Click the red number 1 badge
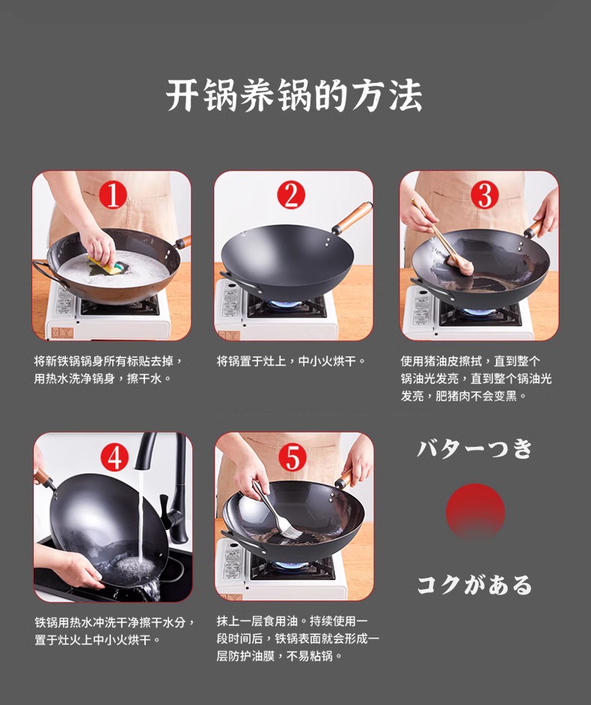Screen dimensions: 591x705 [x=112, y=195]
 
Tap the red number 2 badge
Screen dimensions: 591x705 [x=291, y=195]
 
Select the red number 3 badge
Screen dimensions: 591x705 [x=485, y=195]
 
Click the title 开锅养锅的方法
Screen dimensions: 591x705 [x=295, y=95]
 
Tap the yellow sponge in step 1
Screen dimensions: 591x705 [x=105, y=266]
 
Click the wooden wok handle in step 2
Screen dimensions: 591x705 [x=353, y=217]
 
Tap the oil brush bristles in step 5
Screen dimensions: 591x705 [x=291, y=531]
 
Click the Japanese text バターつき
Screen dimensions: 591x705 [x=475, y=448]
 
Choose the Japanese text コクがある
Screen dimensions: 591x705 [x=475, y=585]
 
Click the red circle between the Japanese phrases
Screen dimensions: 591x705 [x=475, y=511]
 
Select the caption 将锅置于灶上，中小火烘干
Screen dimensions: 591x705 [x=291, y=361]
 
